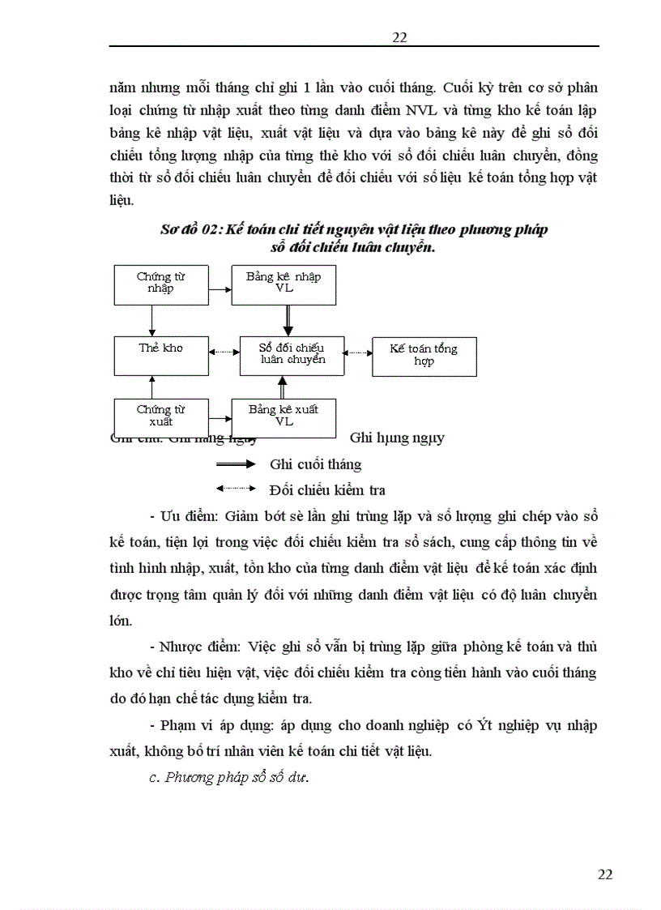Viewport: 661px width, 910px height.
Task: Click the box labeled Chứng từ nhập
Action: pyautogui.click(x=161, y=284)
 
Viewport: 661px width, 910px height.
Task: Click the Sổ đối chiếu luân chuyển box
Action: pyautogui.click(x=292, y=355)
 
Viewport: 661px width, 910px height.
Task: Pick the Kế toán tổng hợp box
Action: pyautogui.click(x=424, y=357)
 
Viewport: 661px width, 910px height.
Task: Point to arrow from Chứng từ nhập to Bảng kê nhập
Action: pyautogui.click(x=220, y=288)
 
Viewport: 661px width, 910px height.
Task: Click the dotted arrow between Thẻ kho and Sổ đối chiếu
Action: pyautogui.click(x=224, y=352)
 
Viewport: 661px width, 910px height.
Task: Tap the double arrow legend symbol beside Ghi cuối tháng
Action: pyautogui.click(x=236, y=464)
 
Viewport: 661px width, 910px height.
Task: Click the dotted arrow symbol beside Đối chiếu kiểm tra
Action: pyautogui.click(x=236, y=489)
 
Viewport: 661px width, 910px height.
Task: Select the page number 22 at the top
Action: pyautogui.click(x=399, y=36)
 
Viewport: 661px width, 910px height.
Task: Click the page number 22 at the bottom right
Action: pyautogui.click(x=604, y=874)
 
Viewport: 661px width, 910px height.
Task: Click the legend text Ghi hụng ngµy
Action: pyautogui.click(x=397, y=438)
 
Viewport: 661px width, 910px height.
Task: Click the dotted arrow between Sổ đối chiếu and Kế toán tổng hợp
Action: pyautogui.click(x=357, y=352)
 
